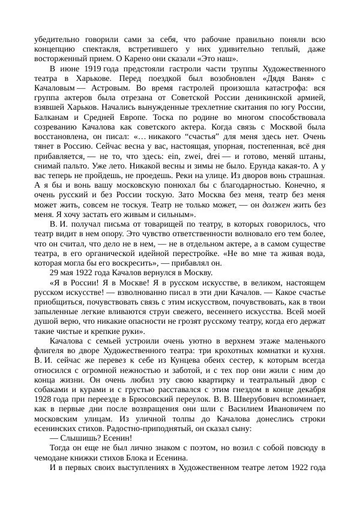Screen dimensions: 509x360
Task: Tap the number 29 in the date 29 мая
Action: [55, 270]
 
